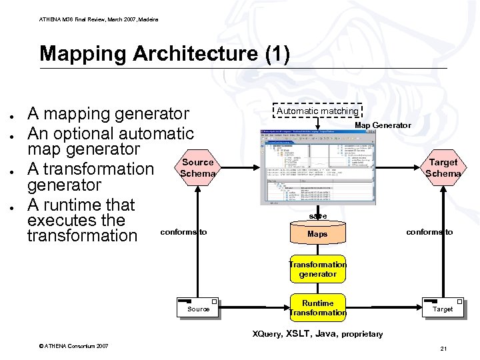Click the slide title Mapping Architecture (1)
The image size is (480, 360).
click(x=165, y=53)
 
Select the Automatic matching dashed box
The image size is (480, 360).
click(x=317, y=111)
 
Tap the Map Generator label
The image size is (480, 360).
click(x=383, y=125)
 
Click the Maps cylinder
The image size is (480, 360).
click(x=317, y=234)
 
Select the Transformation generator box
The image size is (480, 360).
click(x=317, y=269)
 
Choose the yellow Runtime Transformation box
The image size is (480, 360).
click(x=318, y=308)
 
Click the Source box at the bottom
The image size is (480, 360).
click(x=198, y=307)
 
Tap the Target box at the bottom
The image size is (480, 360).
click(x=443, y=307)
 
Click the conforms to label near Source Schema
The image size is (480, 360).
click(x=184, y=232)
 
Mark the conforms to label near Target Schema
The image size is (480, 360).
click(x=429, y=232)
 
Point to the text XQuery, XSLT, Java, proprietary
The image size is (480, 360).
click(x=317, y=333)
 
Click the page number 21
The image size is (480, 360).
click(x=443, y=349)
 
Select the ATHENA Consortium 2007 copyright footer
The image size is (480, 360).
click(x=74, y=345)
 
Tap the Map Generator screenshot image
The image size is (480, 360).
click(x=317, y=167)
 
